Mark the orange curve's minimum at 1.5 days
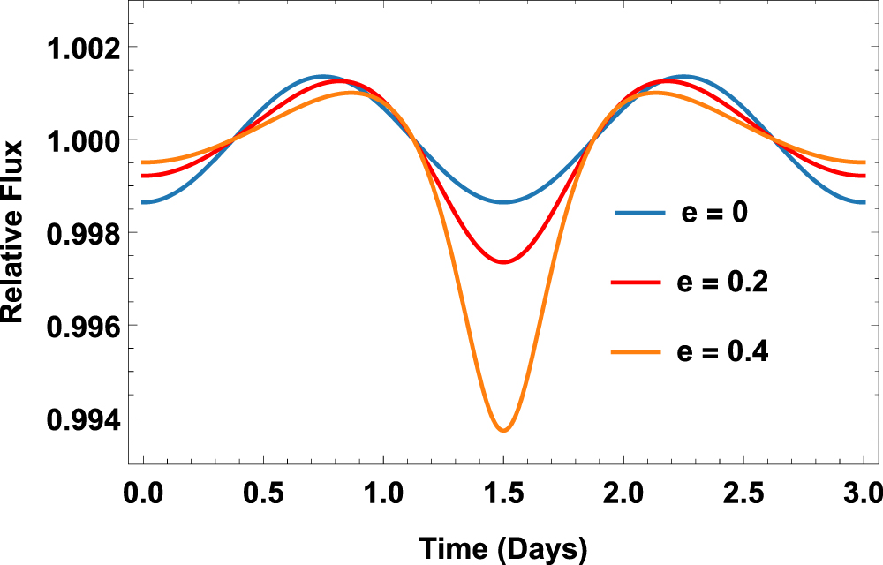click(x=503, y=430)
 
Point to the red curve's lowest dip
click(x=503, y=262)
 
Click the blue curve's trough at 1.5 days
click(x=503, y=202)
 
